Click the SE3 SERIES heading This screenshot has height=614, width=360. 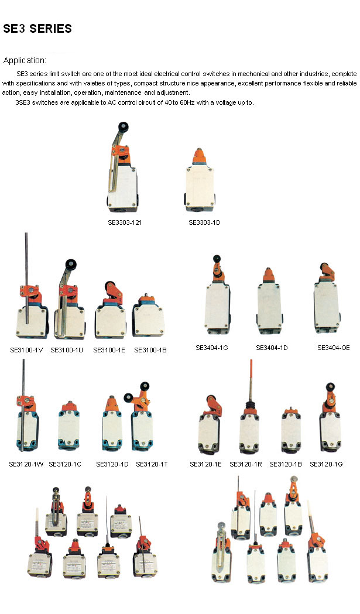tap(37, 29)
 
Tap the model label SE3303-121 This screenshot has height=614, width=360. tap(125, 222)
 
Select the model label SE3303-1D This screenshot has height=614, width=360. tap(204, 222)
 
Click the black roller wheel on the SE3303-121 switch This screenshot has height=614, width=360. tap(124, 127)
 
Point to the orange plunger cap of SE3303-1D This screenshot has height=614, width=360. tap(199, 156)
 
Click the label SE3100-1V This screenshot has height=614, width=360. tap(26, 349)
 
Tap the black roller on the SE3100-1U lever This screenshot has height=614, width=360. tap(71, 264)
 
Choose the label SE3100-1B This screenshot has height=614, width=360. tap(150, 349)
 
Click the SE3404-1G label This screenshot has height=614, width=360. tap(211, 347)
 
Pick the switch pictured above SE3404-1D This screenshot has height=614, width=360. tap(270, 301)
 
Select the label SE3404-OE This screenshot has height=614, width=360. tap(333, 347)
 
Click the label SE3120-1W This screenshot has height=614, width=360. tap(26, 464)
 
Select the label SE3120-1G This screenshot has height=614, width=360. tap(326, 464)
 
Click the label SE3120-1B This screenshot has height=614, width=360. tap(286, 464)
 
